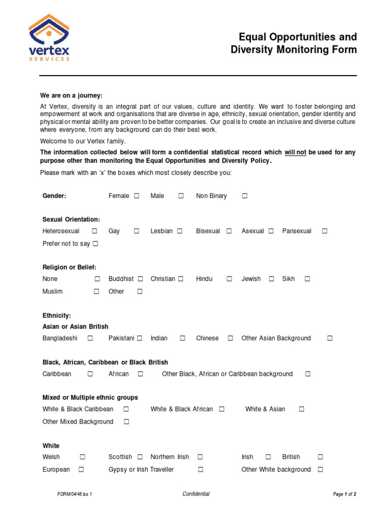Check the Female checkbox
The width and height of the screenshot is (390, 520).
click(137, 196)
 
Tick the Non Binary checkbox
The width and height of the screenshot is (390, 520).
click(244, 196)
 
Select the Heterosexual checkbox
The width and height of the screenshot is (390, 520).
click(95, 231)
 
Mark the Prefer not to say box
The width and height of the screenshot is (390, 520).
click(95, 244)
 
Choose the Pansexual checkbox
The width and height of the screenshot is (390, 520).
click(324, 231)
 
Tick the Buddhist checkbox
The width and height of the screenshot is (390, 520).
click(140, 279)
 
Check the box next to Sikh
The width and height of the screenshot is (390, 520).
click(307, 279)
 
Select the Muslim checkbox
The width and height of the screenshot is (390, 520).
click(96, 291)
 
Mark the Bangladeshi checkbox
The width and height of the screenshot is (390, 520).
click(90, 338)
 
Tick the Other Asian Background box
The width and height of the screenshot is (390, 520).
click(330, 338)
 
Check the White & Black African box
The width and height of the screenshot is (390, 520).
click(221, 409)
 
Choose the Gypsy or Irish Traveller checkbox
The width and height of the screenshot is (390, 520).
click(201, 470)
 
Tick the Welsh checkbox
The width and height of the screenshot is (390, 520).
click(82, 457)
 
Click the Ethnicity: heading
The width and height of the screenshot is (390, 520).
click(57, 315)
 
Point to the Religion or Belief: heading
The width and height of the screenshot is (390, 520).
click(69, 267)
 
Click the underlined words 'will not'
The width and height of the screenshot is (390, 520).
click(295, 152)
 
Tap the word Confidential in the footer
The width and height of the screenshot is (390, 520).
click(196, 494)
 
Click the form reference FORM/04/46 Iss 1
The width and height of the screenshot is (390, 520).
click(75, 494)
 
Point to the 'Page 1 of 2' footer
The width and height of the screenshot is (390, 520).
click(344, 494)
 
